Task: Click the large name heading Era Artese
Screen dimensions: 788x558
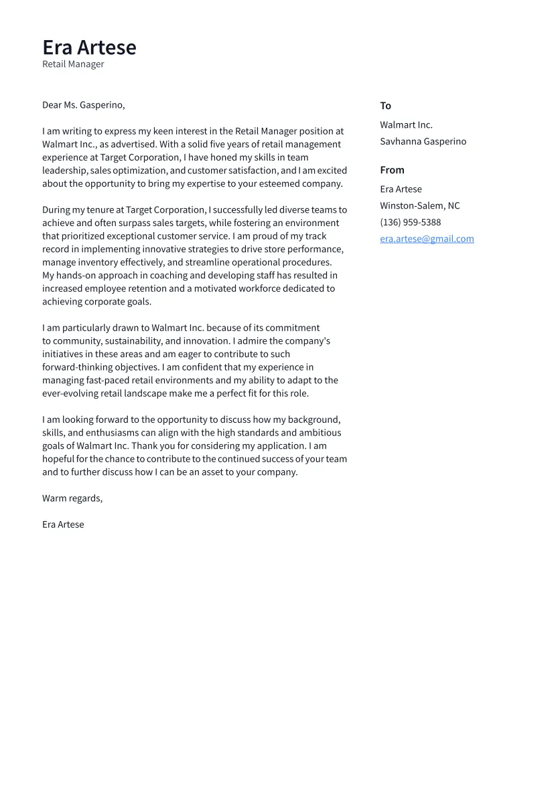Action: point(89,47)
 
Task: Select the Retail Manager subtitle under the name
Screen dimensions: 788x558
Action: point(73,64)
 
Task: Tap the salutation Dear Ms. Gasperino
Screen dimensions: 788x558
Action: point(83,105)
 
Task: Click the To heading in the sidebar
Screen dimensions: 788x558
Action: point(385,106)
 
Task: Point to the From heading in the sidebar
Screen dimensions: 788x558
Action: point(392,170)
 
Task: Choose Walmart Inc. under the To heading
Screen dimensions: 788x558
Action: point(406,125)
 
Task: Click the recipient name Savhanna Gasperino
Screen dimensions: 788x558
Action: point(423,141)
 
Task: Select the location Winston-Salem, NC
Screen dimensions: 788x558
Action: point(419,206)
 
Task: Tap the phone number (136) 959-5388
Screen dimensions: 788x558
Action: point(410,222)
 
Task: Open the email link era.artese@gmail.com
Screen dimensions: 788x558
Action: point(427,239)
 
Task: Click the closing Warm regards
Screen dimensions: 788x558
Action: point(72,498)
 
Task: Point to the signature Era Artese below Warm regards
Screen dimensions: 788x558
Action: point(63,524)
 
